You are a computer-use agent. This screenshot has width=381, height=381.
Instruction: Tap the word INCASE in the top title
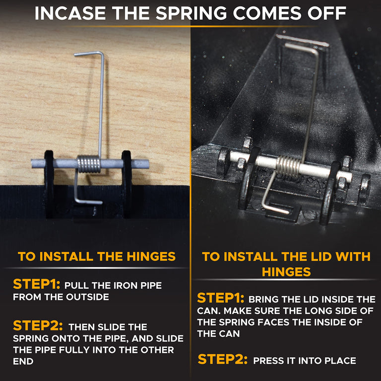pyautogui.click(x=70, y=13)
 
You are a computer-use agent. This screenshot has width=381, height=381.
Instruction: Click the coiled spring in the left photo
pyautogui.click(x=89, y=164)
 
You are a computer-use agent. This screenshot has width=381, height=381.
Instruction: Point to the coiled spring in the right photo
pyautogui.click(x=289, y=166)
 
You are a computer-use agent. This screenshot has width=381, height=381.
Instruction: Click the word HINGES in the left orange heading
pyautogui.click(x=151, y=256)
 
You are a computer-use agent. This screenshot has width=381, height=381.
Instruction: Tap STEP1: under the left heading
pyautogui.click(x=37, y=284)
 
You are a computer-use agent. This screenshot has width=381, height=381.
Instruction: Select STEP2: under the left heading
pyautogui.click(x=38, y=325)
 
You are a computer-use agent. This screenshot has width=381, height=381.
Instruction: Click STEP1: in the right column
pyautogui.click(x=221, y=298)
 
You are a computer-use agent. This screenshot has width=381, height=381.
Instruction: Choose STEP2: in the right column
pyautogui.click(x=223, y=359)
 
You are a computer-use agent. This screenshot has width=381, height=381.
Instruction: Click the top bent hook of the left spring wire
pyautogui.click(x=89, y=54)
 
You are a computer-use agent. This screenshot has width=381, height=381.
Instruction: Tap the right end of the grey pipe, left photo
pyautogui.click(x=147, y=164)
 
